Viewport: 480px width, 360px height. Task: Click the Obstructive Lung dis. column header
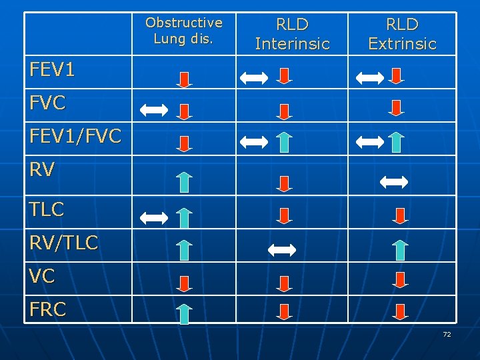click(184, 31)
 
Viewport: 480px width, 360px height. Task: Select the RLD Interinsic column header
click(292, 34)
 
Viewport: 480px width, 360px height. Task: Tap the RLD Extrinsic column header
click(402, 34)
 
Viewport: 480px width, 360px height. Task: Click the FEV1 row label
click(52, 69)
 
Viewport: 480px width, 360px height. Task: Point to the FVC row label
click(47, 103)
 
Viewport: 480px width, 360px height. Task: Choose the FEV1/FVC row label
click(75, 137)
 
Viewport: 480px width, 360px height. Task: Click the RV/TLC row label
click(63, 243)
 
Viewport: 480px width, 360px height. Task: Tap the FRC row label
click(47, 310)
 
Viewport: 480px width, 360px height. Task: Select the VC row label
click(42, 277)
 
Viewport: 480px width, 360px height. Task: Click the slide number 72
click(447, 334)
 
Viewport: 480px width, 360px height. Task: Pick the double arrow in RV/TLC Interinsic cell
click(281, 250)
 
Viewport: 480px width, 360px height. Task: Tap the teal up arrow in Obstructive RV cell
click(185, 183)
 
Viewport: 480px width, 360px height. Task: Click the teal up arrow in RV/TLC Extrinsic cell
click(399, 250)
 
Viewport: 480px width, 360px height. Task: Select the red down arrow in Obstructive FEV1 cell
click(185, 77)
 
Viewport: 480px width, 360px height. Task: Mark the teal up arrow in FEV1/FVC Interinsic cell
click(284, 142)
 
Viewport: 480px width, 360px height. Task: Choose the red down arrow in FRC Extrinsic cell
click(399, 312)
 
